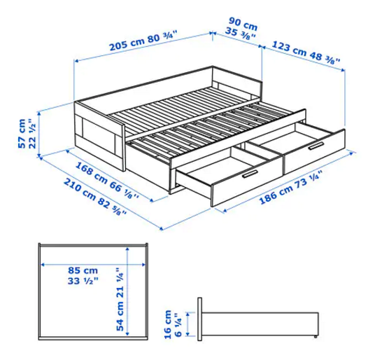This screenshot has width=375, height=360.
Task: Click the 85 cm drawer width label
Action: [83, 270]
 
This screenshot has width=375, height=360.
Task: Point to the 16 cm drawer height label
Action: [168, 324]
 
